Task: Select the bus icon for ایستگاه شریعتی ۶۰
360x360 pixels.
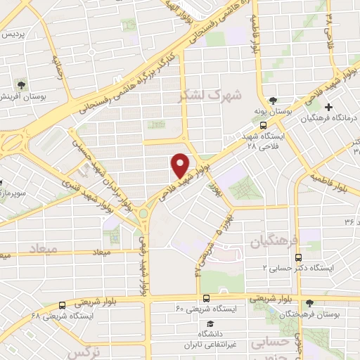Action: click(x=206, y=298)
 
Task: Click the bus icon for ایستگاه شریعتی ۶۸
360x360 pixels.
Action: click(x=63, y=305)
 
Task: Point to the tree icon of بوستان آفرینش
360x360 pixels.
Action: click(x=22, y=84)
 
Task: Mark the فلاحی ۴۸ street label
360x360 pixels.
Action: click(x=329, y=31)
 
